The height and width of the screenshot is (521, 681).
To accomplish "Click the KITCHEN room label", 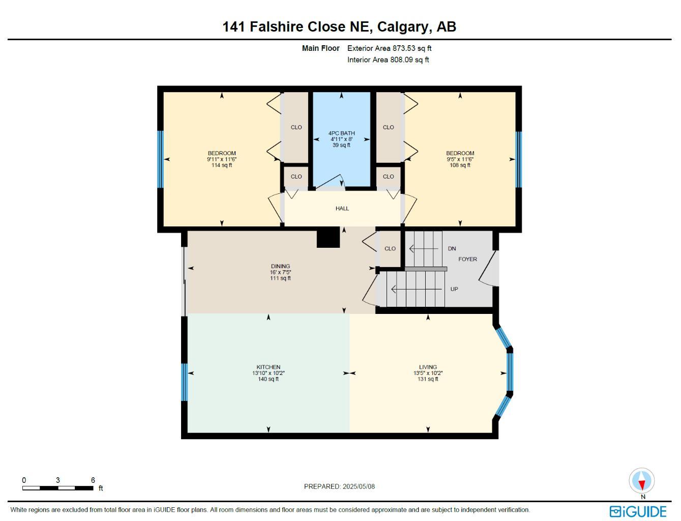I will coord(268,367).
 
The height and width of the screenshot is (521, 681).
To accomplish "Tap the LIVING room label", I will coord(428,367).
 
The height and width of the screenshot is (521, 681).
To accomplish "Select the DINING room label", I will coord(280,266).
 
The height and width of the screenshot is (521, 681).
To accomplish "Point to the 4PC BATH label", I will coord(341,133).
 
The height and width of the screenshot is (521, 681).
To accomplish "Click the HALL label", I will coord(342,209).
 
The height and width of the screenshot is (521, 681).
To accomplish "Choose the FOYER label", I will coord(467,259).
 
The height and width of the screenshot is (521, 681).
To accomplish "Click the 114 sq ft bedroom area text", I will coord(222,165).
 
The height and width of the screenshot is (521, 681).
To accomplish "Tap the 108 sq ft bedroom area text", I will coord(460,165).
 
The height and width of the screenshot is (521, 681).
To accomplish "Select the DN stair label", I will coord(452,249).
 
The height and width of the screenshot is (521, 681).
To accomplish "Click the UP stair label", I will coord(454,289).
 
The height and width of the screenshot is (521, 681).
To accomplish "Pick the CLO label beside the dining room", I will coord(390,249).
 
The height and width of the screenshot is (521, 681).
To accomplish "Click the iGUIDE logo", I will coord(638,511).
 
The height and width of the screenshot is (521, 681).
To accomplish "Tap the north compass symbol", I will coord(642,481).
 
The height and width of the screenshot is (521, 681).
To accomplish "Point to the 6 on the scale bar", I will coord(93,480).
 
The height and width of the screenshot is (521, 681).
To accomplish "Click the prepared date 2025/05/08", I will coord(359,486).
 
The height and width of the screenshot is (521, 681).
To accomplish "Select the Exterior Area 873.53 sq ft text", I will coord(389,48).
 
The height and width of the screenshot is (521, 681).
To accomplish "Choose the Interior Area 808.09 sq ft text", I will coord(388,60).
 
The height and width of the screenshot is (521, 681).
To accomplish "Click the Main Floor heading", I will coord(320,48).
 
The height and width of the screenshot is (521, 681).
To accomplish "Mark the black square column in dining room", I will coord(328,237).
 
